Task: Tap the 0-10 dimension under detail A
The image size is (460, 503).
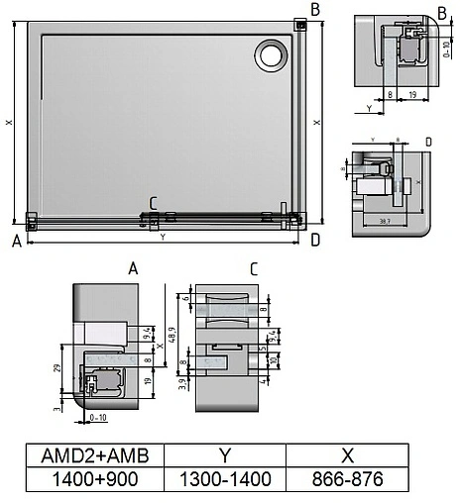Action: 98,418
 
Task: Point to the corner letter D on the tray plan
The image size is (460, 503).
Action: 314,240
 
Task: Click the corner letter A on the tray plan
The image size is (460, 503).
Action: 17,240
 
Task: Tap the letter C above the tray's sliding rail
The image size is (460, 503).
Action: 153,204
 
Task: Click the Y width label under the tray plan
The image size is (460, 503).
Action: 163,238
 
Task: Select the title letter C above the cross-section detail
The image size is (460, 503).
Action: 254,268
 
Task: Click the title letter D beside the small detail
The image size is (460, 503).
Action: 427,143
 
